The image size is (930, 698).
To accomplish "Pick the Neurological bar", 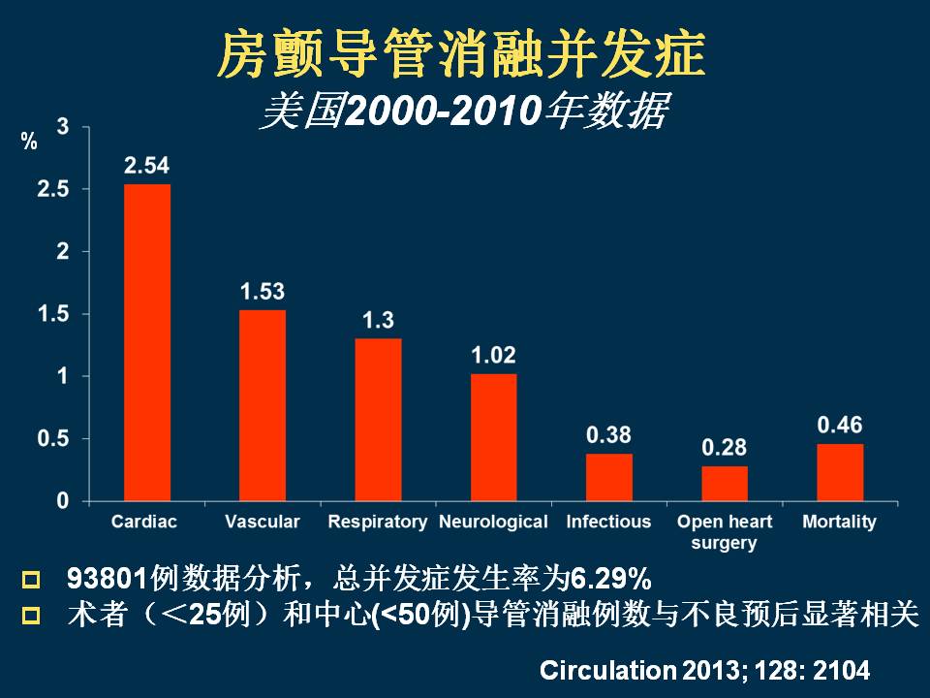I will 493,437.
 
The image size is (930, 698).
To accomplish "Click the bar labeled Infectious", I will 608,477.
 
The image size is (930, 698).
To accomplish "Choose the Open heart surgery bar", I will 725,483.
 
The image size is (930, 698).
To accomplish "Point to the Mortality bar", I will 840,472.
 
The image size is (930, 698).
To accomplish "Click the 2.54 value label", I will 147,166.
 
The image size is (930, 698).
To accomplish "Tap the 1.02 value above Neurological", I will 493,356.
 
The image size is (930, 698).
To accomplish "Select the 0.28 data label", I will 725,448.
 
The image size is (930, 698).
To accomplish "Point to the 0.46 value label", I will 840,426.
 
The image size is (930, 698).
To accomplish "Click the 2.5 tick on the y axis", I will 52,189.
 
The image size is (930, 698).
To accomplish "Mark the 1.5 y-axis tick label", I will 52,314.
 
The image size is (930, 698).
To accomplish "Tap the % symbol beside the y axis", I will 29,143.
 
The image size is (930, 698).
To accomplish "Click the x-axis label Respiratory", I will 378,522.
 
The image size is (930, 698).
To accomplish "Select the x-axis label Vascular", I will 263,522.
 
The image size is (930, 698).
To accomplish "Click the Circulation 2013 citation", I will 704,670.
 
